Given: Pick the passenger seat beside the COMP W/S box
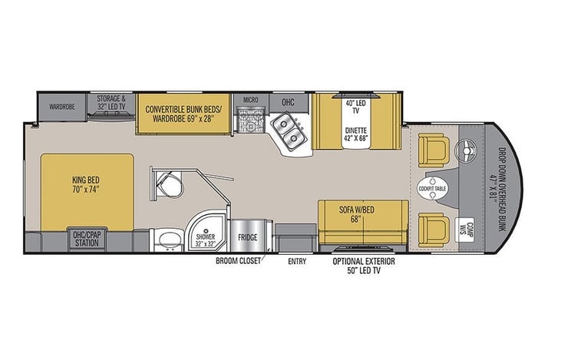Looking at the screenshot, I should pos(433,228).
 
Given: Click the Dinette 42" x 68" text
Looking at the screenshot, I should pos(355,135).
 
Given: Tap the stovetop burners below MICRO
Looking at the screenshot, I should pos(250,123).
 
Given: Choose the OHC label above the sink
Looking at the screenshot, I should pos(288,102).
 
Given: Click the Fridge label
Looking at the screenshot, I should pos(247,237).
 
